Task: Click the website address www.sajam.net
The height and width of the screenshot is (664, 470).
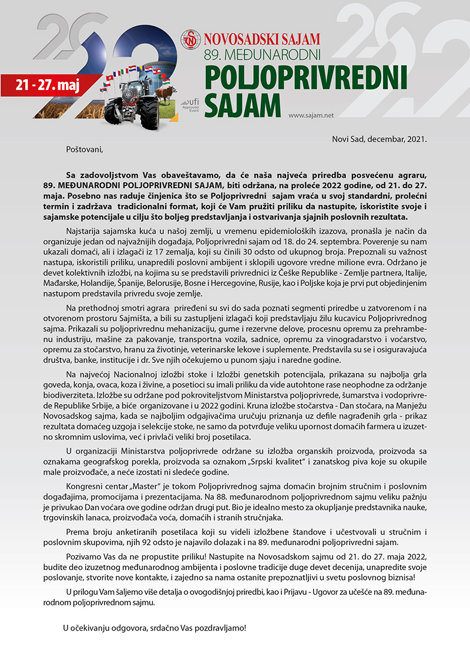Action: click(x=311, y=115)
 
